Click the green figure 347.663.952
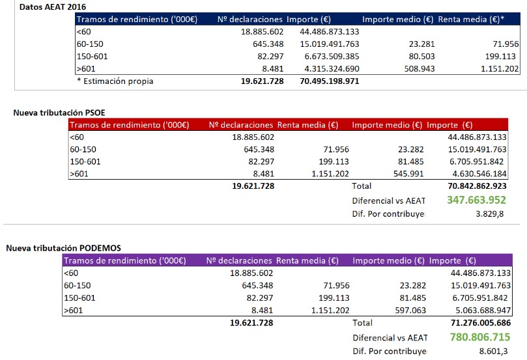[x=476, y=201]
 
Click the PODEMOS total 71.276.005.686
[x=480, y=322]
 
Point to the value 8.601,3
[x=496, y=351]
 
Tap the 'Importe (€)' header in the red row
[x=450, y=125]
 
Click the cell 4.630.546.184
[x=476, y=174]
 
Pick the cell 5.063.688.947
[x=480, y=310]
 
